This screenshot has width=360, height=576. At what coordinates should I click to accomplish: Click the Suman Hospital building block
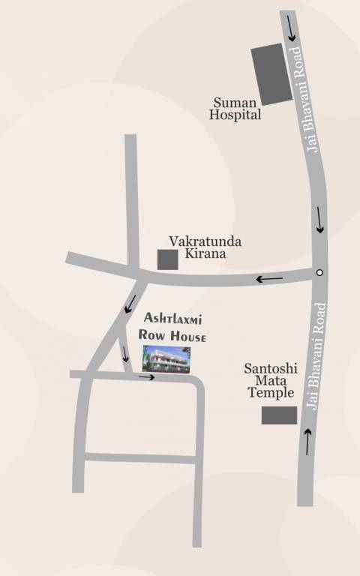coord(271,73)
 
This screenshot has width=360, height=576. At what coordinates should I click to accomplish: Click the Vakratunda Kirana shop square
coord(167,259)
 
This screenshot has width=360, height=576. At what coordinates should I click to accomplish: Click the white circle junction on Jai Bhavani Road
coord(319,272)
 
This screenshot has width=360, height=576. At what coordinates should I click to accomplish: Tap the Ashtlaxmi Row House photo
coord(166,359)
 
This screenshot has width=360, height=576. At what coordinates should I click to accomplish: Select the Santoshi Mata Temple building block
coord(279,415)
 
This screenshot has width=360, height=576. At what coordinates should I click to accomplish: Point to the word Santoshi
coord(271,368)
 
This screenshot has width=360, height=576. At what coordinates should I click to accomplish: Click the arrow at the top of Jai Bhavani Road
coord(290,34)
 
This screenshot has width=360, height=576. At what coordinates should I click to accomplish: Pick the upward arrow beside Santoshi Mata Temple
coord(307,442)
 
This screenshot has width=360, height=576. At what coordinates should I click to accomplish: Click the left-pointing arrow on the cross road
coord(270,279)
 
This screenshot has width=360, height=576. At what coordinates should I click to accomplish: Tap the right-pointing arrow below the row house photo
coord(146,376)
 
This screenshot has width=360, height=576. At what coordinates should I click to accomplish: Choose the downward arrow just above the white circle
coord(320,220)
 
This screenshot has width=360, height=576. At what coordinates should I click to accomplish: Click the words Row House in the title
coord(172,336)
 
